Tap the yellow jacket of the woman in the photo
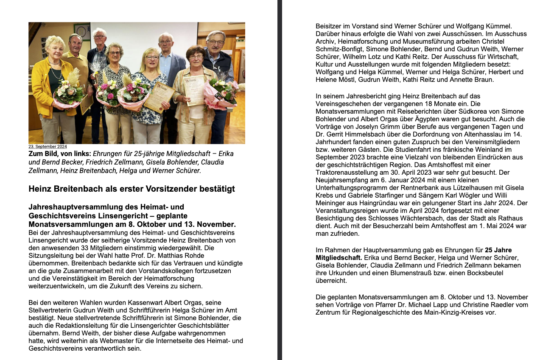[x=40, y=91]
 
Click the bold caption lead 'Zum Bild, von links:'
[x=60, y=153]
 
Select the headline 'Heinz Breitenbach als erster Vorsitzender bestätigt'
[x=132, y=189]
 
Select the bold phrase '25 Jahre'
[x=498, y=250]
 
